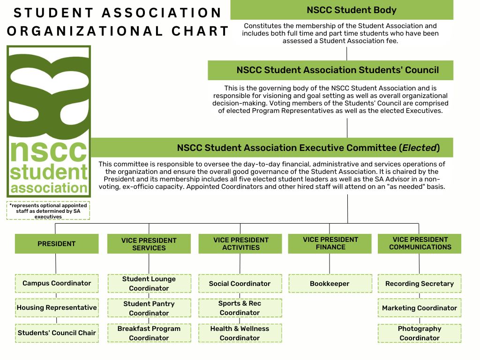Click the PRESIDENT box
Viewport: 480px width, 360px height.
[57, 244]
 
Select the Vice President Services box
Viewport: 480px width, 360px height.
[149, 244]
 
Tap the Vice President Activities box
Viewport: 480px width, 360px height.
[240, 244]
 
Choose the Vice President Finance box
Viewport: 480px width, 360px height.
[330, 243]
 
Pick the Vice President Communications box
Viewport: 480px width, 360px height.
[420, 243]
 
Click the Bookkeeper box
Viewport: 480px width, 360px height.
[330, 284]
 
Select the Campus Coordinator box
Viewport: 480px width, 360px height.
[57, 283]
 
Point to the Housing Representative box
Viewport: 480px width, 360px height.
[57, 308]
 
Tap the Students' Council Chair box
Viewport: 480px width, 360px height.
[57, 333]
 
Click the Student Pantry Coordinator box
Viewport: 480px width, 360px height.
[149, 308]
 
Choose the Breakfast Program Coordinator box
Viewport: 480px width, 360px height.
[149, 333]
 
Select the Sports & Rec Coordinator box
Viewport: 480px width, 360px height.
[240, 308]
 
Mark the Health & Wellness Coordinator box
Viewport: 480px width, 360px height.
[240, 333]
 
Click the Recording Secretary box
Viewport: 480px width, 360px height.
[420, 284]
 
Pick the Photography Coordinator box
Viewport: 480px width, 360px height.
[420, 333]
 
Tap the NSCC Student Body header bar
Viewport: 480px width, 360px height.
[342, 10]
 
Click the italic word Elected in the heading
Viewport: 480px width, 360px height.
[420, 148]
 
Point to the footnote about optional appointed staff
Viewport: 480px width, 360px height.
[48, 211]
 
